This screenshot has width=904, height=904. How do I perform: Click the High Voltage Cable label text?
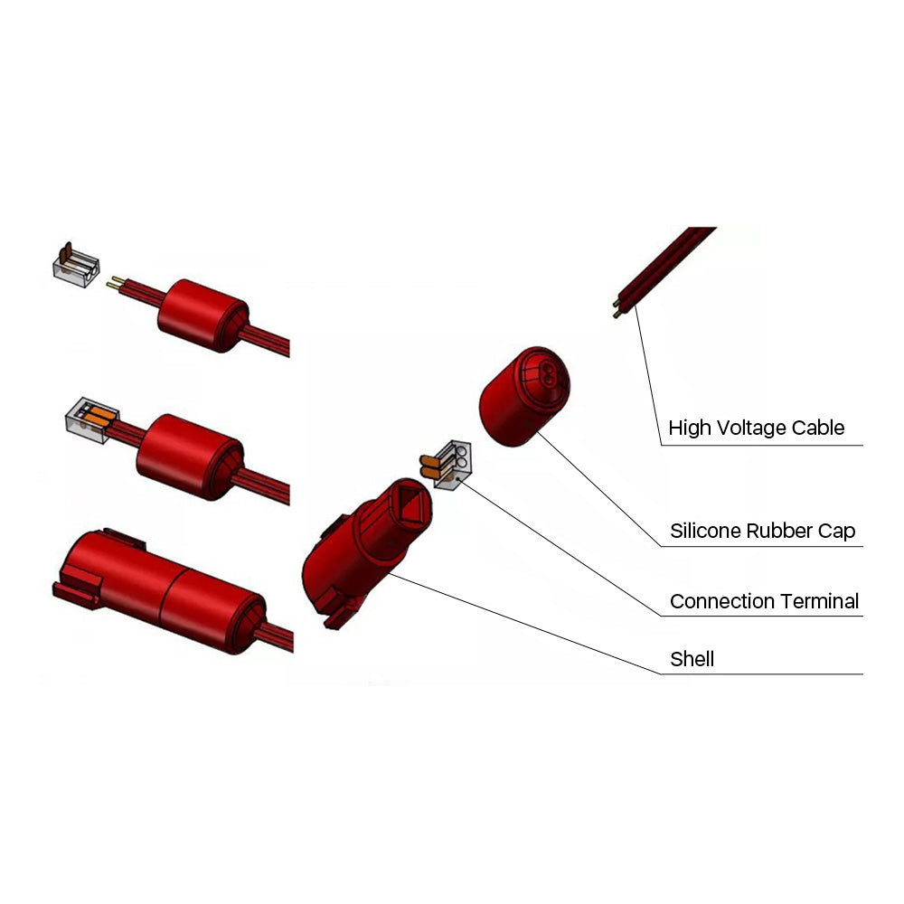[756, 428]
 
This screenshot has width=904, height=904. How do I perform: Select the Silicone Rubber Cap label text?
[762, 531]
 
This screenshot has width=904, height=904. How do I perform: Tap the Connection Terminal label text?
[764, 601]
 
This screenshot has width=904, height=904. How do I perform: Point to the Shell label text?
[692, 659]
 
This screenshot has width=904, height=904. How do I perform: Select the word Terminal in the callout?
[820, 601]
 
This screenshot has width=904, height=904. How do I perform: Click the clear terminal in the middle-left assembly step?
[87, 419]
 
